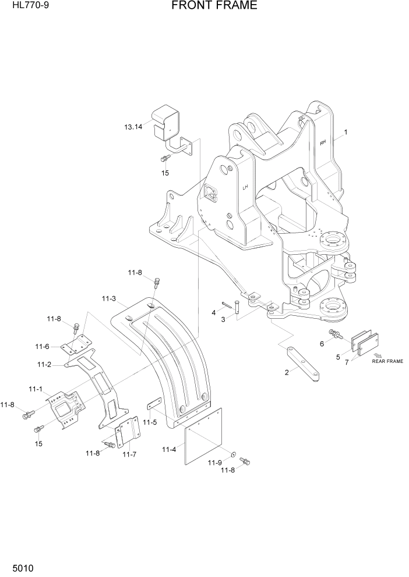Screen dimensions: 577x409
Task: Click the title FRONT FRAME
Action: pyautogui.click(x=214, y=6)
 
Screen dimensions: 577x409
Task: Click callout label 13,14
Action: pyautogui.click(x=133, y=127)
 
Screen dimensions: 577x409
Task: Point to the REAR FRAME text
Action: pyautogui.click(x=387, y=361)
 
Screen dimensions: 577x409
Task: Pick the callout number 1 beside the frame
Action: pyautogui.click(x=345, y=133)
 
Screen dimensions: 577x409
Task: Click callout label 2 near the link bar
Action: pyautogui.click(x=287, y=373)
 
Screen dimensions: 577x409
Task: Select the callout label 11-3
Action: pyautogui.click(x=108, y=299)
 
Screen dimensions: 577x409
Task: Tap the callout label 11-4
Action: pyautogui.click(x=169, y=449)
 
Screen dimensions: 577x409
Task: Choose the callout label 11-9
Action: pyautogui.click(x=215, y=462)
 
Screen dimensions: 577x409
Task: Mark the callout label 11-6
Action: pyautogui.click(x=42, y=347)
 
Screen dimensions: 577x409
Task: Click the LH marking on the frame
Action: pyautogui.click(x=246, y=187)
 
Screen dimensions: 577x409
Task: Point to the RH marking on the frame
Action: pyautogui.click(x=323, y=141)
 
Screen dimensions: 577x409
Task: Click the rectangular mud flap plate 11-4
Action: pyautogui.click(x=203, y=436)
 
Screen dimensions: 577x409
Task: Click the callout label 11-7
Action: pyautogui.click(x=129, y=454)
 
